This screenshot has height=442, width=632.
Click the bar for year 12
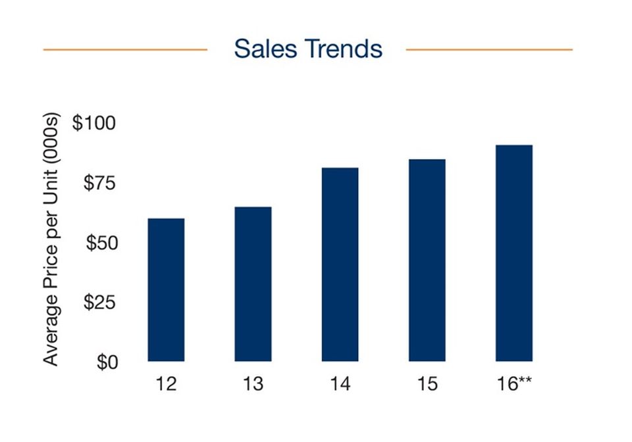tap(166, 290)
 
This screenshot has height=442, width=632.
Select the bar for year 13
tap(253, 283)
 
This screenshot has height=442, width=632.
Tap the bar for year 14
tap(340, 264)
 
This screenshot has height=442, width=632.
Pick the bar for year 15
tap(427, 260)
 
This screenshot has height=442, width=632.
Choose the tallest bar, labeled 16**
tap(514, 253)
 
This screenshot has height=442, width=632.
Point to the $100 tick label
tap(94, 123)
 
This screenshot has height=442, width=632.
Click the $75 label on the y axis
tap(99, 183)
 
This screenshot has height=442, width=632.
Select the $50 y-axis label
tap(101, 243)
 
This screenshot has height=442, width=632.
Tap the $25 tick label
tap(99, 302)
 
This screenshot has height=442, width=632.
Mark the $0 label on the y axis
tap(107, 362)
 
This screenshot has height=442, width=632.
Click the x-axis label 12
tap(166, 383)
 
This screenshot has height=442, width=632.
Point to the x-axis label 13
tap(253, 383)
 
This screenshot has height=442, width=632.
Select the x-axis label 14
tap(340, 383)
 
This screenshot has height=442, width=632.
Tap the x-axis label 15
tap(427, 383)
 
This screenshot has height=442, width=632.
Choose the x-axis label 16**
tap(514, 383)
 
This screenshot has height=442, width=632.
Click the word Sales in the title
tap(265, 49)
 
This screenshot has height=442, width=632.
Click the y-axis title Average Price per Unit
tap(51, 239)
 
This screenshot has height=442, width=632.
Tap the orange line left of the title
tap(125, 49)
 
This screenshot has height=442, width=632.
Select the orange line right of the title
tap(489, 49)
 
